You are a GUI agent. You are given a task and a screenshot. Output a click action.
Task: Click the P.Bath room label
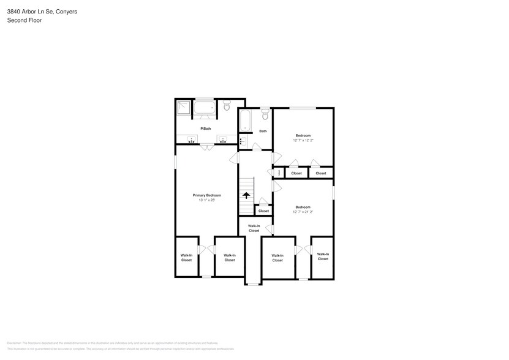click(205, 129)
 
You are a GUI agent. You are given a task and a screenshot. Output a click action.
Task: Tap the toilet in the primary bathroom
click(226, 107)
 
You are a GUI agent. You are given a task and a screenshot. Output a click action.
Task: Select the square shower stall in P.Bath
click(183, 108)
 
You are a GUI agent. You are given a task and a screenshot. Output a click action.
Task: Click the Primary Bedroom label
click(206, 195)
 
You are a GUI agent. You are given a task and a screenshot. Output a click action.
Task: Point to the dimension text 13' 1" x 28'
click(206, 200)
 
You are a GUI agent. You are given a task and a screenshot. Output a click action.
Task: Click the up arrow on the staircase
click(246, 195)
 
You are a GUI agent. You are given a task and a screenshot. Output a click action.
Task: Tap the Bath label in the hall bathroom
click(263, 131)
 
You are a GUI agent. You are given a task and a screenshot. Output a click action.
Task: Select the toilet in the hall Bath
click(265, 114)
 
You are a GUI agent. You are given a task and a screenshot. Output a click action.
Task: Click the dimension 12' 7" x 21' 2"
click(303, 212)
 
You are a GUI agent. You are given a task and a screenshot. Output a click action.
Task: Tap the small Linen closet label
click(279, 173)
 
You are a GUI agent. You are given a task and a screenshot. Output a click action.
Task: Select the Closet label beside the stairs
click(263, 211)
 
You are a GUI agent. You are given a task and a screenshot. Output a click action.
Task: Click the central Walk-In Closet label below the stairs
click(254, 228)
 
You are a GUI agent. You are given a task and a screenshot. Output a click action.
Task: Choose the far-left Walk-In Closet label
click(186, 258)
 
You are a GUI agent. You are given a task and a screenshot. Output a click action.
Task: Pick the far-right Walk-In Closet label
click(323, 257)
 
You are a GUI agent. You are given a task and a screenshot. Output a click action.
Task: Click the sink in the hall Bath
click(242, 141)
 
